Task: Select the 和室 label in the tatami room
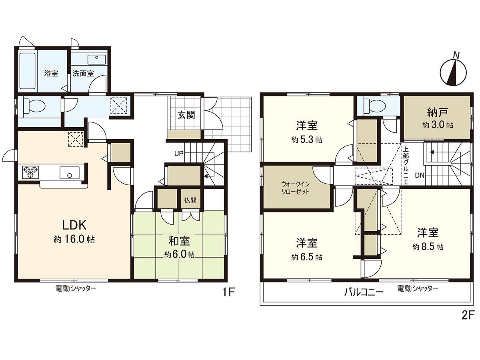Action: click(x=179, y=241)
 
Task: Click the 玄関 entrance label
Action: click(x=186, y=115)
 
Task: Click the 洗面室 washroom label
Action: click(x=83, y=74)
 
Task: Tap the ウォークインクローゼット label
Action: click(x=296, y=188)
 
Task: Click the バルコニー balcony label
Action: click(x=364, y=292)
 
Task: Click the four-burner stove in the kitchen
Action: click(x=30, y=172)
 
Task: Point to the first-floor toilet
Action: click(x=34, y=107)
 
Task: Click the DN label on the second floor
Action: click(x=420, y=175)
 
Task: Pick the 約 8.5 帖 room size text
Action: click(x=428, y=247)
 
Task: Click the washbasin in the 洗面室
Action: click(x=97, y=60)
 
